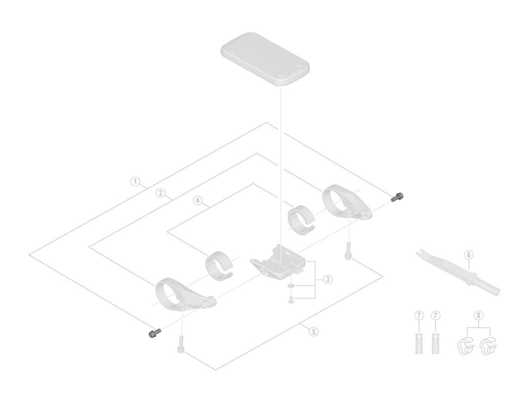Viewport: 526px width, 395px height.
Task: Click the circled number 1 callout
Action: [135, 182]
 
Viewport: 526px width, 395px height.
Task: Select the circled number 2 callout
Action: [161, 193]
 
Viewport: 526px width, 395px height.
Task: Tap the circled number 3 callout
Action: [328, 279]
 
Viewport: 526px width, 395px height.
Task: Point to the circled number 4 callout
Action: [198, 201]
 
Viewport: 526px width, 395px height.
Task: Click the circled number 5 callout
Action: [314, 332]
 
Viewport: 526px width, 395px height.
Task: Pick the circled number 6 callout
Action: [469, 255]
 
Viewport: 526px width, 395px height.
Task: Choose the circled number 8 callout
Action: [479, 316]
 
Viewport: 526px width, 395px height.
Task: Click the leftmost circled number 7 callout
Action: [419, 316]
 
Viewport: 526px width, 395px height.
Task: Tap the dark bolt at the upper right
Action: [398, 197]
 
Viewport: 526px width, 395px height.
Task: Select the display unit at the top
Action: [265, 59]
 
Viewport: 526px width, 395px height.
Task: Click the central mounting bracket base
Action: [278, 261]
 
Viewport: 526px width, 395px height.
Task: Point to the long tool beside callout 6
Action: [458, 273]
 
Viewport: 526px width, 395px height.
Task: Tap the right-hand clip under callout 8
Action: [488, 347]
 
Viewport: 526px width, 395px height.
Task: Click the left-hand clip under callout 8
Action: [466, 347]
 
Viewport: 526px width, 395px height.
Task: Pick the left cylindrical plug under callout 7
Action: [419, 343]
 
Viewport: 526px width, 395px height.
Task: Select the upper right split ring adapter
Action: [302, 219]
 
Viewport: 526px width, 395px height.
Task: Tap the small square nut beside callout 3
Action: [291, 286]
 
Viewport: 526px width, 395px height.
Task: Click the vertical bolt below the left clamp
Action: [180, 345]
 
